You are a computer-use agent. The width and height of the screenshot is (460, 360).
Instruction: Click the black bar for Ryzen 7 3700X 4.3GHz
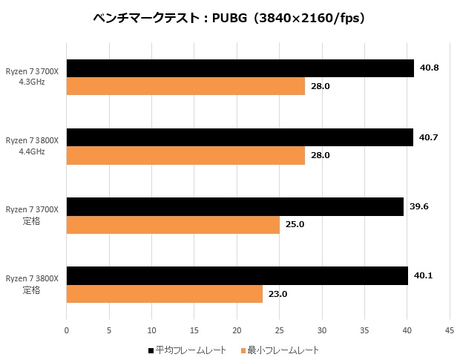[x=240, y=68]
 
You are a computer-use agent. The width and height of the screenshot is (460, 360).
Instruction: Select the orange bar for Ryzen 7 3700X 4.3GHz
[x=185, y=86]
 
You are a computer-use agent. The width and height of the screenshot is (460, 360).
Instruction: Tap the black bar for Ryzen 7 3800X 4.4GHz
[x=240, y=137]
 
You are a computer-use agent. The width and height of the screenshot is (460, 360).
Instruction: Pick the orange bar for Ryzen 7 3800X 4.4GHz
[x=185, y=155]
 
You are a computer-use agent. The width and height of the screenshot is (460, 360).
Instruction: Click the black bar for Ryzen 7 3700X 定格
[x=235, y=206]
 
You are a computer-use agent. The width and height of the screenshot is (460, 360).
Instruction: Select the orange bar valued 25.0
[x=173, y=224]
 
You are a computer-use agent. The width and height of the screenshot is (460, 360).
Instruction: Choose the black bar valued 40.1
[x=237, y=275]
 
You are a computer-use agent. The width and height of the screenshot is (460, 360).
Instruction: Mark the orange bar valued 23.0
[x=165, y=293]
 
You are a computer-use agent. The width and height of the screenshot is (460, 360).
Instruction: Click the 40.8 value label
[x=430, y=68]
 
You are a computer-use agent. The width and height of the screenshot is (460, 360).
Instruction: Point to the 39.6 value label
[x=419, y=206]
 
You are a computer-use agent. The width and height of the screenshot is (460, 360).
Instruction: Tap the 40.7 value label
[x=428, y=137]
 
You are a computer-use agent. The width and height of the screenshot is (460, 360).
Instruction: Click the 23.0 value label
[x=277, y=294]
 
